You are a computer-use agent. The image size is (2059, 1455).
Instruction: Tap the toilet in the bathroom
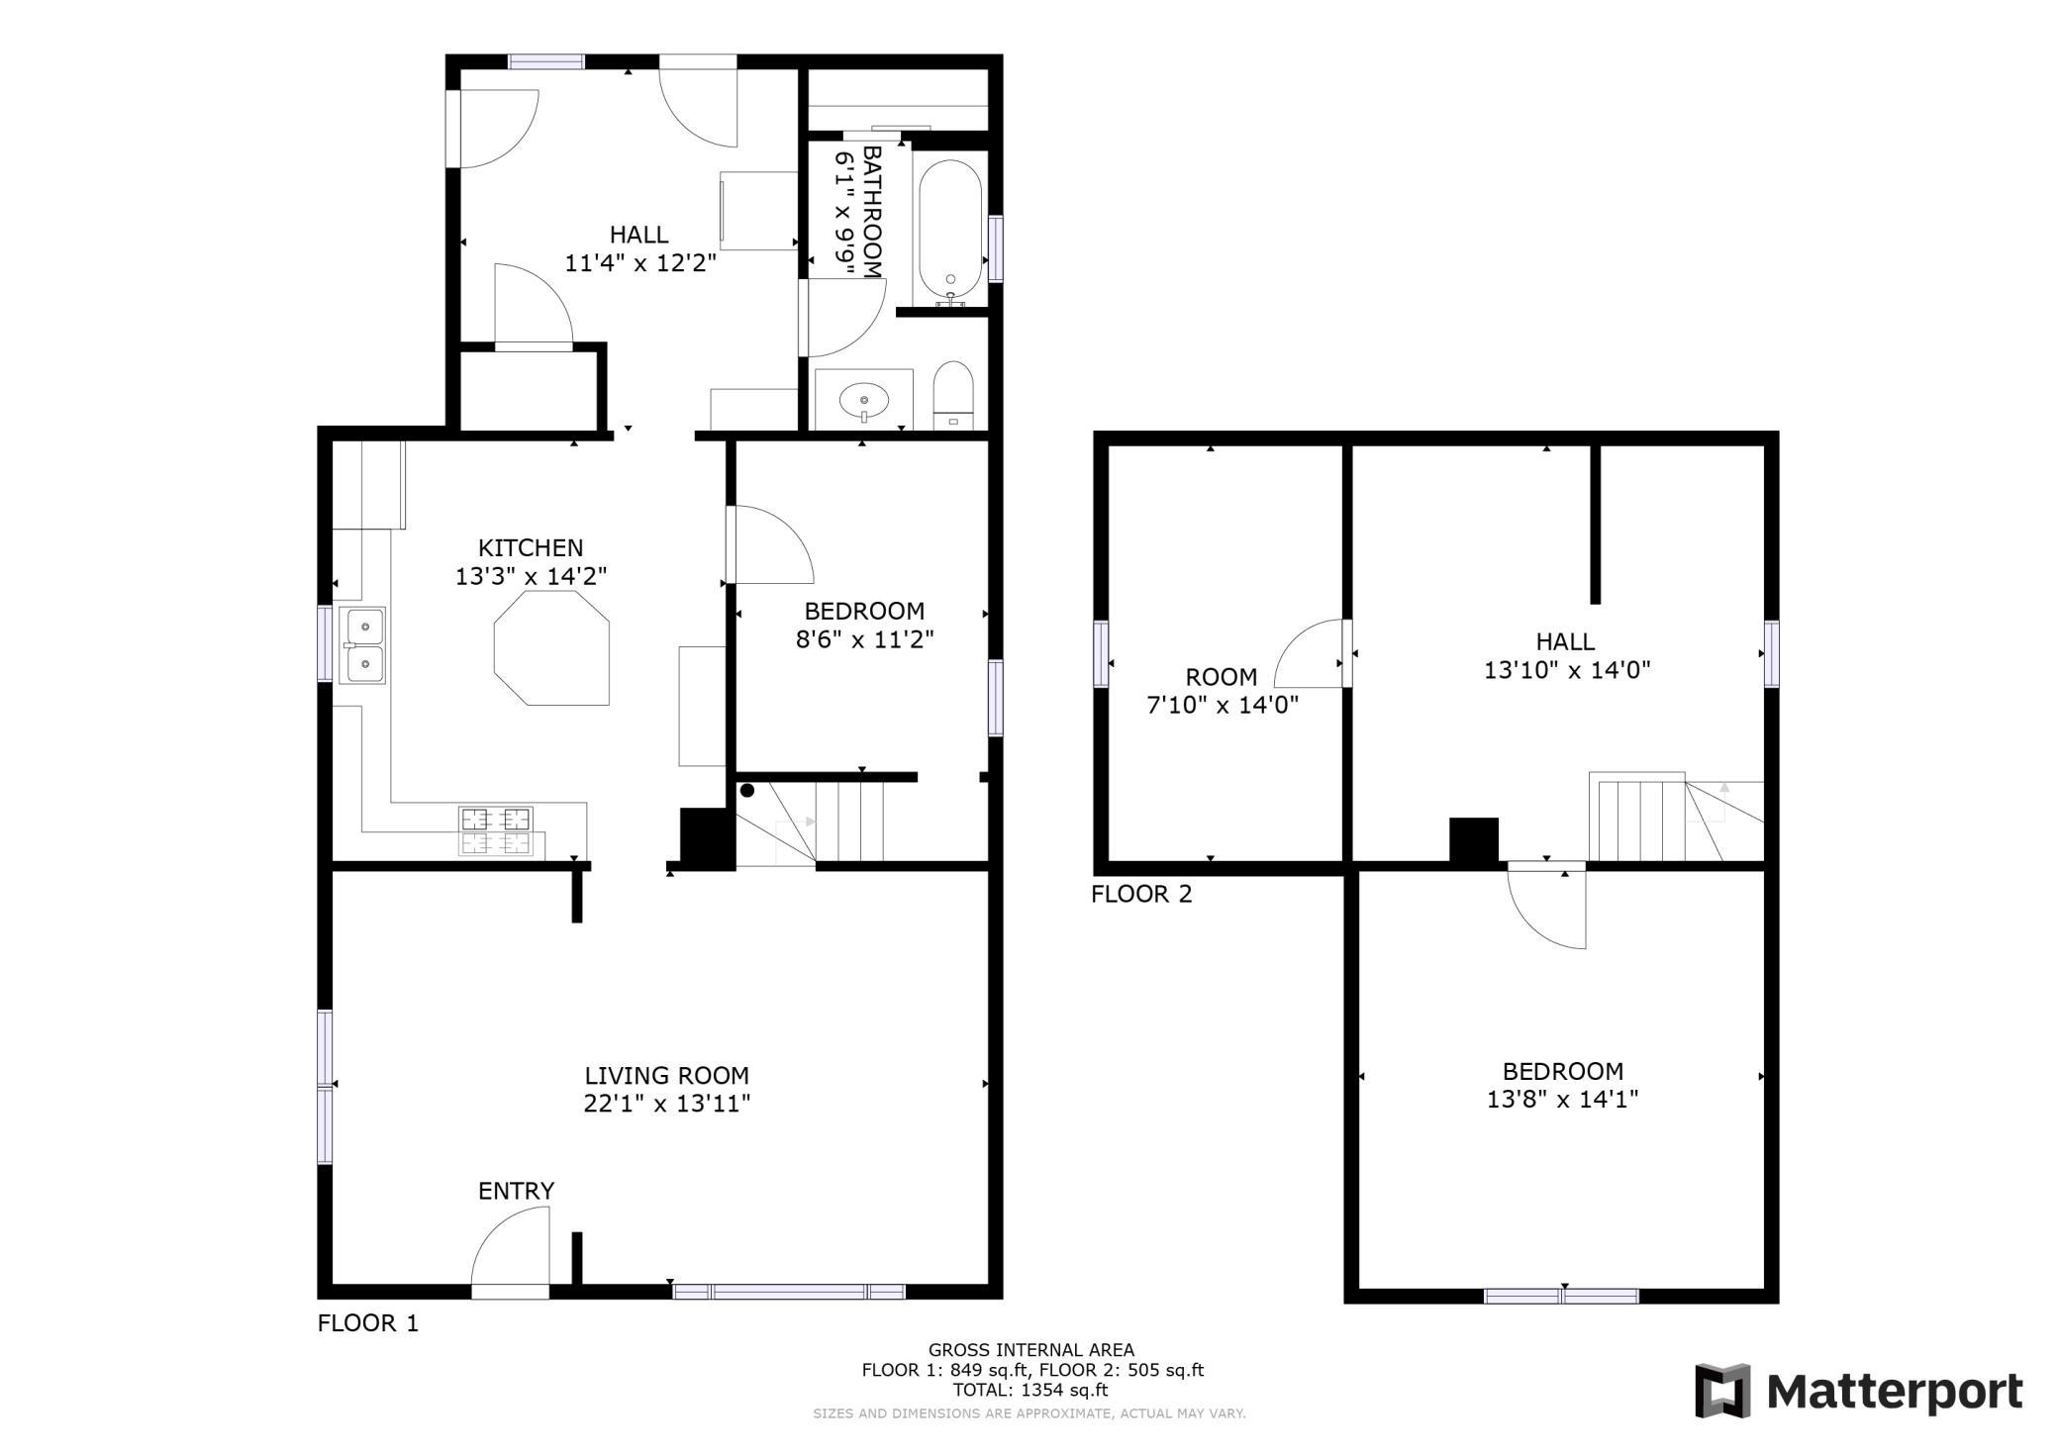click(x=953, y=395)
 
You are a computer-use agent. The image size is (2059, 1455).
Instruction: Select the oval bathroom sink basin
click(x=863, y=400)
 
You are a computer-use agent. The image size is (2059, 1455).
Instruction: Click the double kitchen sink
click(x=362, y=645)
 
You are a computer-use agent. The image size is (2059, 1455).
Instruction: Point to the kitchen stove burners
click(x=495, y=831)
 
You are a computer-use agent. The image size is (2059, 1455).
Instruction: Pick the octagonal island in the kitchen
click(x=551, y=648)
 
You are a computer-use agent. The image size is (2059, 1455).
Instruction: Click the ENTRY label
click(x=516, y=1191)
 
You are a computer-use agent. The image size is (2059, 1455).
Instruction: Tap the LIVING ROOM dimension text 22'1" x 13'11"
click(x=666, y=1104)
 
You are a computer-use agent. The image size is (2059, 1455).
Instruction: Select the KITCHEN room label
click(x=531, y=547)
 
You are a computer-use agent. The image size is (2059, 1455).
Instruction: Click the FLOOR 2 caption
click(x=1141, y=895)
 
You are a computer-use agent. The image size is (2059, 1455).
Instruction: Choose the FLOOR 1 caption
click(x=368, y=1323)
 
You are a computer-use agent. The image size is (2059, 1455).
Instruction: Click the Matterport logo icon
click(x=1722, y=1391)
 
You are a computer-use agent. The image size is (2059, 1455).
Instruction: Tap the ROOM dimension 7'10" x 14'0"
click(x=1223, y=705)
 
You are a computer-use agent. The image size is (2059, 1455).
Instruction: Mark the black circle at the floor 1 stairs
click(x=747, y=790)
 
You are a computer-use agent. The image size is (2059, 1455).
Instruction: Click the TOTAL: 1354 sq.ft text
click(x=1030, y=1390)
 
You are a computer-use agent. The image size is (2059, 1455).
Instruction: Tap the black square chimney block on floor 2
click(x=1474, y=839)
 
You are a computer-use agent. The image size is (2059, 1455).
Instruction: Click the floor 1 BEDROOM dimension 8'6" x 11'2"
click(x=865, y=639)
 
